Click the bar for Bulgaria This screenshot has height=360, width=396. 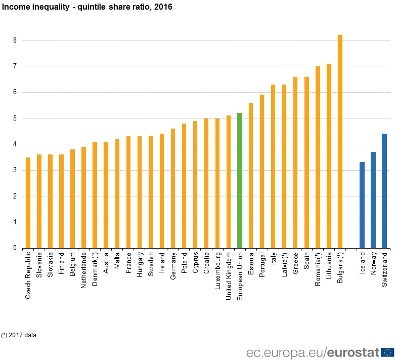[x=340, y=142]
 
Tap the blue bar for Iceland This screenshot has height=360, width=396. [x=362, y=205]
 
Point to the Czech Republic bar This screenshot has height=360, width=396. [x=28, y=203]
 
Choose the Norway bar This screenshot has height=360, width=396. [x=373, y=200]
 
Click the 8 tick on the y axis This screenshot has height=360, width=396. [x=15, y=40]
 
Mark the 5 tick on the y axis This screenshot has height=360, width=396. [x=15, y=118]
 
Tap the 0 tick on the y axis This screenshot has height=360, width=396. [x=15, y=248]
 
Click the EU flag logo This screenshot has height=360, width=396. [x=387, y=352]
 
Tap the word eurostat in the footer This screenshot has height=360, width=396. [x=354, y=352]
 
